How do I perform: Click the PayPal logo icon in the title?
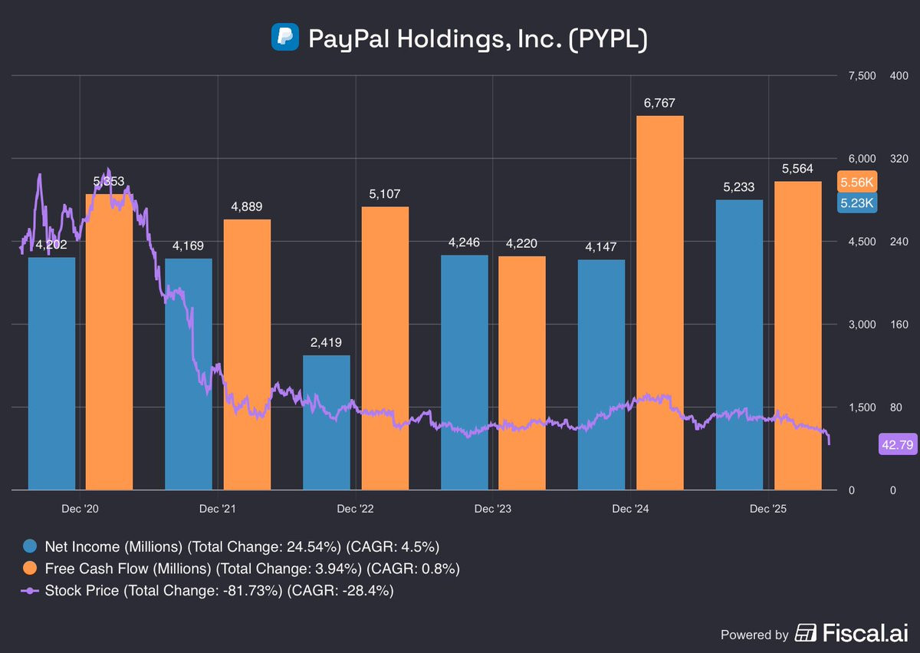(284, 37)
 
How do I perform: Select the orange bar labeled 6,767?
(660, 302)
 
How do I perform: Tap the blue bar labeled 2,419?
(327, 422)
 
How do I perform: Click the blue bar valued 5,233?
(739, 345)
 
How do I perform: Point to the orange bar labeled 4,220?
(522, 372)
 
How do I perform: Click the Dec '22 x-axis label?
(356, 509)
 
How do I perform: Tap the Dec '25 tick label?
(768, 509)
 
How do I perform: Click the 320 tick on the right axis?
(898, 159)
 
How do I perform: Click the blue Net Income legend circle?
(30, 546)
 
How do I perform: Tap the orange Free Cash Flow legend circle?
(30, 569)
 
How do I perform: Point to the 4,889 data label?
(248, 206)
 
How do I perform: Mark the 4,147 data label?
(600, 246)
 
